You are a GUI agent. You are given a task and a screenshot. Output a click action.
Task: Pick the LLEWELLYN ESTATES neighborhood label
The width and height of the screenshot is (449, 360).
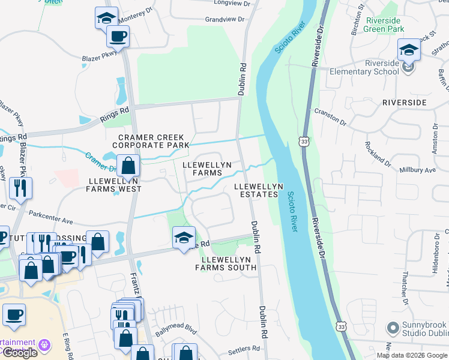(256, 190)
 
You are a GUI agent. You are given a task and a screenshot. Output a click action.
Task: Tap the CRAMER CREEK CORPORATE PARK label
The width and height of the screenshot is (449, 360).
(151, 141)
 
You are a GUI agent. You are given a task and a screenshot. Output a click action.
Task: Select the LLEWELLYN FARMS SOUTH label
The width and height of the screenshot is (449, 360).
(226, 263)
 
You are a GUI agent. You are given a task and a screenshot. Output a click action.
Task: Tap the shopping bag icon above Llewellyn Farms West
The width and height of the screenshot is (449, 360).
(128, 165)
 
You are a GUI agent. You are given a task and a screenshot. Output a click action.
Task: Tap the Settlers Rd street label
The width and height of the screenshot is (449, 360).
(244, 348)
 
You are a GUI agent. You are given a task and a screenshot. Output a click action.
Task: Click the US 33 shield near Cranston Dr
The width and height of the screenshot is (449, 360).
(306, 140)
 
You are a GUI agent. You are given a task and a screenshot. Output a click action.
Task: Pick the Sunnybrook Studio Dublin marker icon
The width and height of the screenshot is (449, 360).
(393, 328)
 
